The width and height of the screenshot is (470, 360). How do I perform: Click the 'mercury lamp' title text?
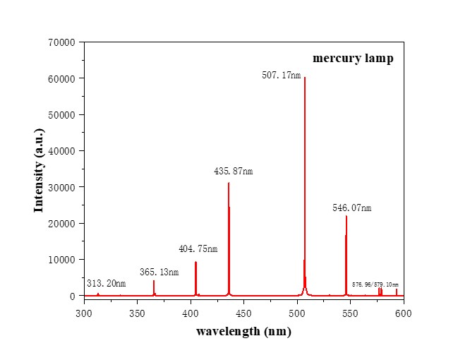[353, 59]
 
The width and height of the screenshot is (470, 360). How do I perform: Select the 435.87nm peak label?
[233, 172]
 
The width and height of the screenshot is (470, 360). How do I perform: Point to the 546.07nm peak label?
[351, 208]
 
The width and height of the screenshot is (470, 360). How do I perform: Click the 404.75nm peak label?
[198, 248]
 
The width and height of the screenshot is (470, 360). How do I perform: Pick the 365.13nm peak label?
[159, 272]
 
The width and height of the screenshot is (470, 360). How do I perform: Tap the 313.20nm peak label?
[106, 283]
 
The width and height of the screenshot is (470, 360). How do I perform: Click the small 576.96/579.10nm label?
[375, 284]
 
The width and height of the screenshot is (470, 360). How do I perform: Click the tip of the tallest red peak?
[305, 78]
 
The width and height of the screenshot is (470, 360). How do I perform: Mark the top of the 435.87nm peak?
[229, 183]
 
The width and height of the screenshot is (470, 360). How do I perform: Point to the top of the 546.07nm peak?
[347, 216]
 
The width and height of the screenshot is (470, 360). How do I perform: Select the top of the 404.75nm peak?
[195, 262]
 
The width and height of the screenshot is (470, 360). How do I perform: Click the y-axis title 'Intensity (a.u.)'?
[40, 169]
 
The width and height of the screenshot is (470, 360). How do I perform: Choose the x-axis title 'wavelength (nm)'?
[243, 332]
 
